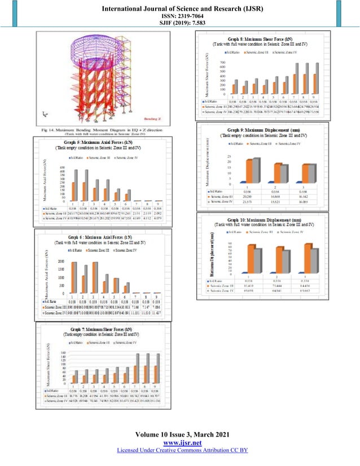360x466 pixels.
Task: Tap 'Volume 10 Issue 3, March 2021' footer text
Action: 179,435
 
